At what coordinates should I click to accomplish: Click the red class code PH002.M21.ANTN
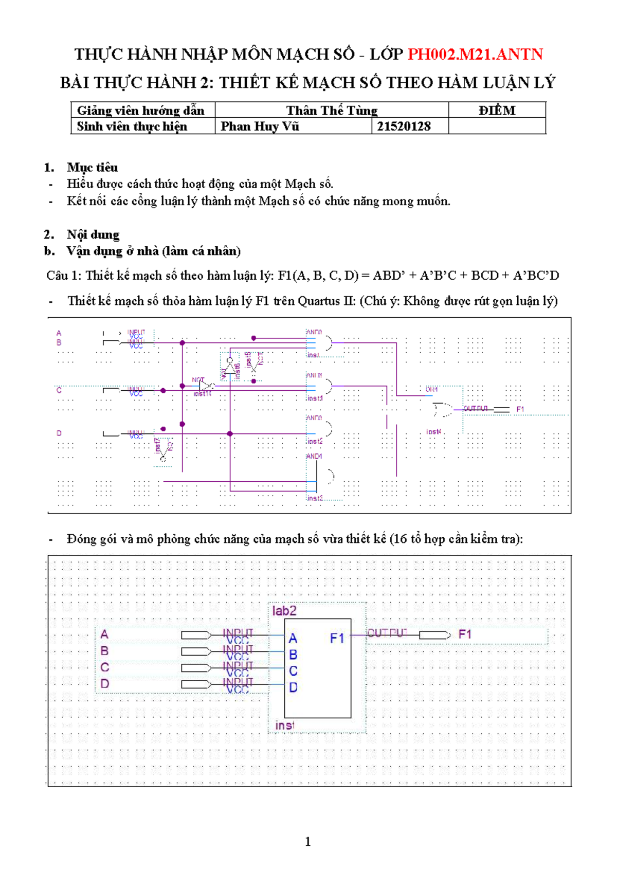(x=475, y=54)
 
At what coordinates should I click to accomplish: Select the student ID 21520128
(x=404, y=126)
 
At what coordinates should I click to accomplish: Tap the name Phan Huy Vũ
(x=260, y=126)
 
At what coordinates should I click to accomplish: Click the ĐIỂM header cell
(x=497, y=111)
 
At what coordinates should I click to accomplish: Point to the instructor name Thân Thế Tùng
(x=332, y=111)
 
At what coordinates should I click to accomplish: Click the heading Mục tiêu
(x=92, y=167)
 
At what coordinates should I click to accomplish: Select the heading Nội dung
(x=93, y=234)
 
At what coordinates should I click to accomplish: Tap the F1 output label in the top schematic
(x=520, y=409)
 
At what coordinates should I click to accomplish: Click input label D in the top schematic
(x=59, y=433)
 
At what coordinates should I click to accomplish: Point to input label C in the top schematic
(x=59, y=391)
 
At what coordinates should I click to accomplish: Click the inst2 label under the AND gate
(x=315, y=442)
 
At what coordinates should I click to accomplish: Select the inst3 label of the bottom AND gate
(x=315, y=498)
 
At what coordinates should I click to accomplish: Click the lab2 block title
(x=284, y=611)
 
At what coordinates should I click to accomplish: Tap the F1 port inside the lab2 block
(x=337, y=638)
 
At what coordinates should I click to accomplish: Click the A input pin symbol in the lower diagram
(x=195, y=635)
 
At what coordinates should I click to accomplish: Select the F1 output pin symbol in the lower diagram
(x=434, y=635)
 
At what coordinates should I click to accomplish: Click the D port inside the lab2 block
(x=293, y=687)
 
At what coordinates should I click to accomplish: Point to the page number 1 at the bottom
(x=308, y=842)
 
